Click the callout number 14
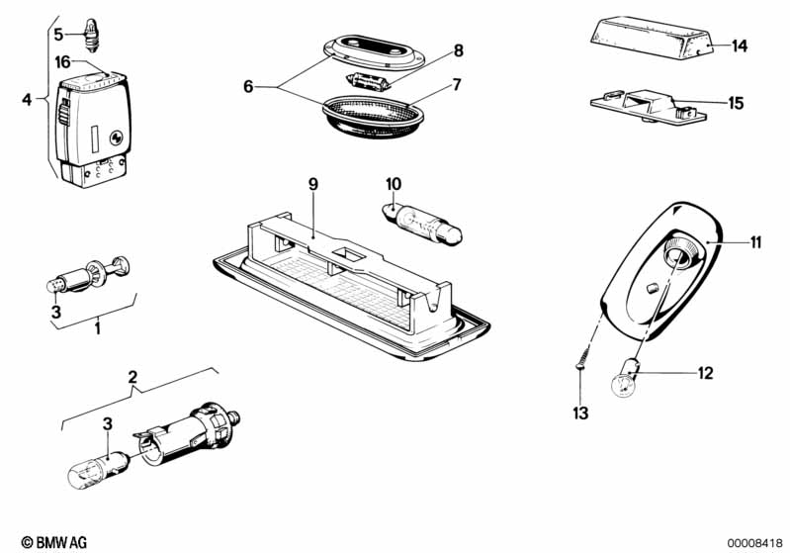click(x=740, y=46)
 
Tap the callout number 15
click(x=736, y=103)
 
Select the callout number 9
click(x=313, y=184)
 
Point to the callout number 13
click(x=580, y=414)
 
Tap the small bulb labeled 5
click(x=92, y=35)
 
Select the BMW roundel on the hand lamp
click(x=117, y=138)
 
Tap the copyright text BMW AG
click(x=54, y=542)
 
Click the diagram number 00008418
click(x=754, y=543)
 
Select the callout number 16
click(x=62, y=62)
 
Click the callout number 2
click(x=132, y=377)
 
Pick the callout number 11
click(x=755, y=242)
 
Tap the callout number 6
click(x=248, y=87)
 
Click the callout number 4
click(x=27, y=99)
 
